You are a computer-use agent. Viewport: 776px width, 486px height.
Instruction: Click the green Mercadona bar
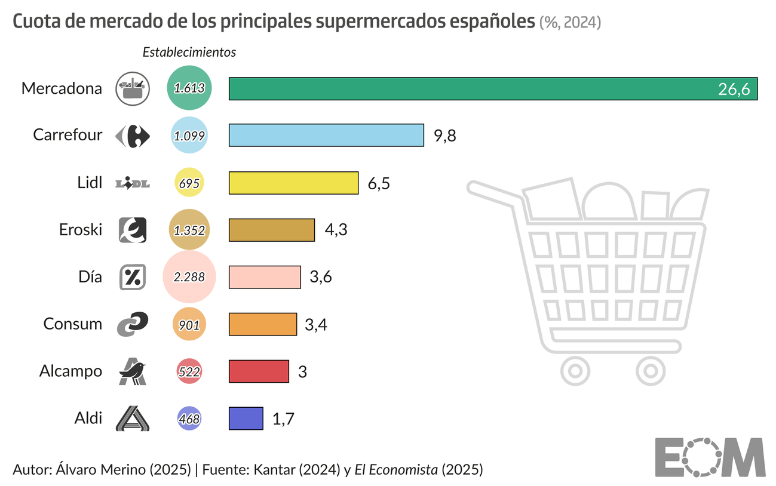tap(493, 88)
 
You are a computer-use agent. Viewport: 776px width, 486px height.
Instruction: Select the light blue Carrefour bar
tap(326, 136)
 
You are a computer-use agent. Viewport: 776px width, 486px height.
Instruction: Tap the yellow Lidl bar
tap(293, 183)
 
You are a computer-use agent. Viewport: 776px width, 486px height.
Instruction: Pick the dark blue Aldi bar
tap(246, 418)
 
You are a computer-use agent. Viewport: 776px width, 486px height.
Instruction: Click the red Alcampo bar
tap(259, 371)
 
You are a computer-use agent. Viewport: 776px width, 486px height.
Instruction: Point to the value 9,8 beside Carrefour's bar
tap(444, 136)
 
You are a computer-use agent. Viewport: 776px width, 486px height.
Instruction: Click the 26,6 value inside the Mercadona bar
tap(734, 90)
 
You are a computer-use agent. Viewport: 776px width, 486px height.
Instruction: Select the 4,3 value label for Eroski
tap(335, 230)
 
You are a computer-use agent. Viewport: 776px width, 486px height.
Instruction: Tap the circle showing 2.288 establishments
tap(189, 277)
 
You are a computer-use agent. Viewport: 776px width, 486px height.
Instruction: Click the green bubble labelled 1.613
tap(189, 88)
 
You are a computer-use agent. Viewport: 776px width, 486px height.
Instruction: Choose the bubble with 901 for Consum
tap(189, 324)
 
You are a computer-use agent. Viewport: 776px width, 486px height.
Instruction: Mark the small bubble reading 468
tap(189, 419)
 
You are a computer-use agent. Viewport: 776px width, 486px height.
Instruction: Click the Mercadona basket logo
tap(132, 88)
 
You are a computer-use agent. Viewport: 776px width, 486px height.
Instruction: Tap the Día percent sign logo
tap(132, 277)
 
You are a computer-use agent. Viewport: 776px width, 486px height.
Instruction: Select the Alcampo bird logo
tap(132, 371)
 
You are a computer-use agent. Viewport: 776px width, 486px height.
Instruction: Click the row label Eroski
tap(81, 230)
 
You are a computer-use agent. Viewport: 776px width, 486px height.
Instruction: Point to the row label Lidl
tap(90, 183)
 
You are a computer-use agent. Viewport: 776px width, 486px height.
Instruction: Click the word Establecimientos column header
tap(189, 53)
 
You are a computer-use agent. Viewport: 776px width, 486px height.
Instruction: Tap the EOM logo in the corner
tap(709, 457)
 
